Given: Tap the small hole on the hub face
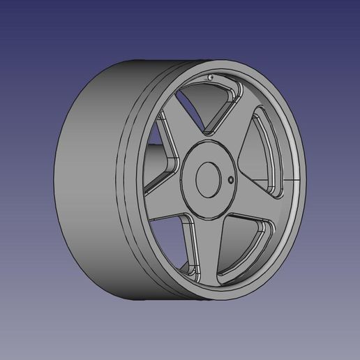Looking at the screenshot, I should (x=231, y=180).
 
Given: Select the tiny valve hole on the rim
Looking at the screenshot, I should (x=210, y=77).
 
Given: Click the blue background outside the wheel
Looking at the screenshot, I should (x=42, y=42).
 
